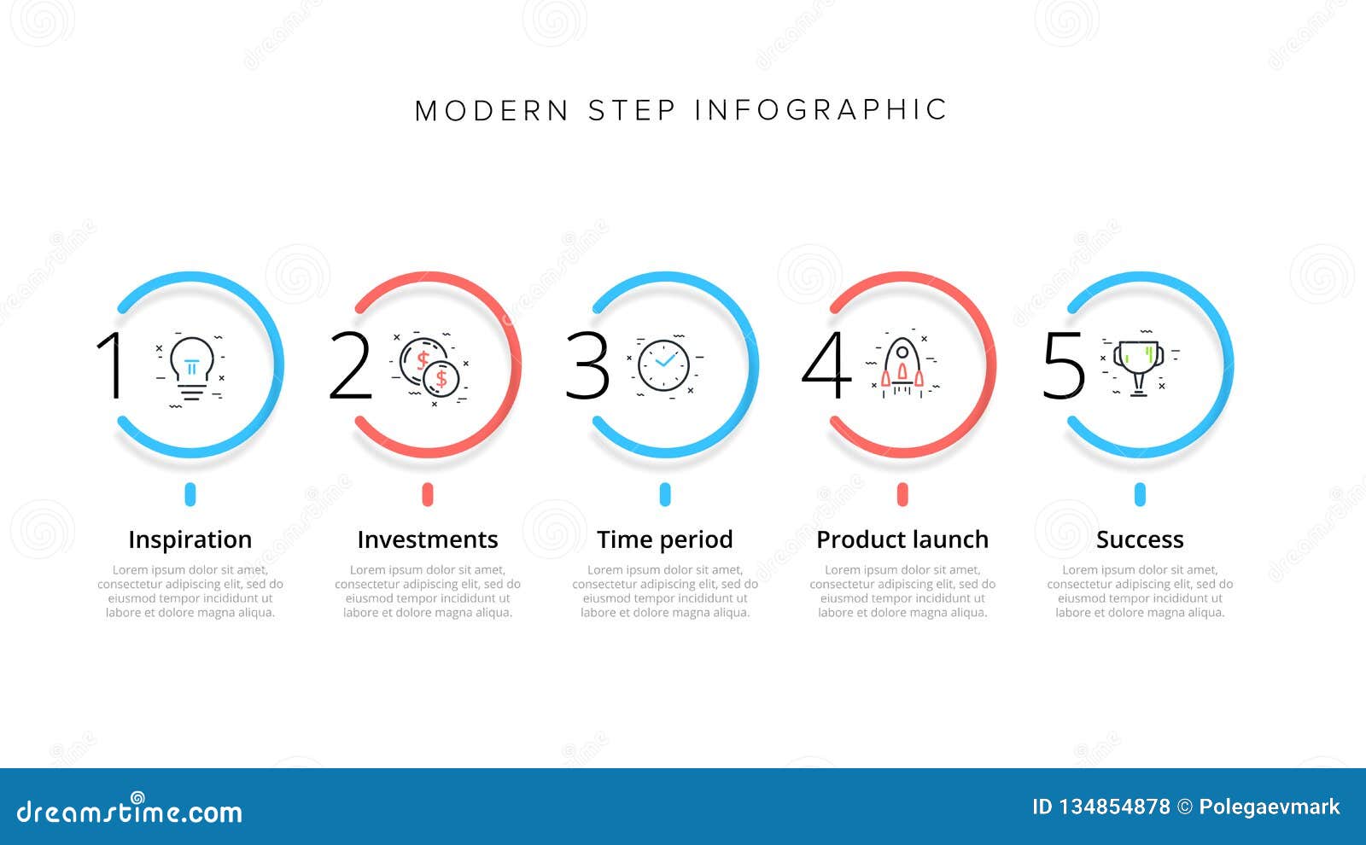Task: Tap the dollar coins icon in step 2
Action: coord(429,368)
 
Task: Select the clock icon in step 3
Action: coord(664,366)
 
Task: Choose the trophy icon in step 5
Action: coord(1139,366)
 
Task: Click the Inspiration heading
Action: coord(190,539)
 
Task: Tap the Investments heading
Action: coord(427,539)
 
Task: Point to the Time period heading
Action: coord(664,539)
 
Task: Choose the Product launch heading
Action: coord(902,539)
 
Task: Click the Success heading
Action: coord(1140,539)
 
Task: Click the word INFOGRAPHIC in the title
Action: coord(820,110)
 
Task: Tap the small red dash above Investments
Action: coord(428,494)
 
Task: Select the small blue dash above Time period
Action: coord(665,494)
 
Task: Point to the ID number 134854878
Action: coord(1114,807)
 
